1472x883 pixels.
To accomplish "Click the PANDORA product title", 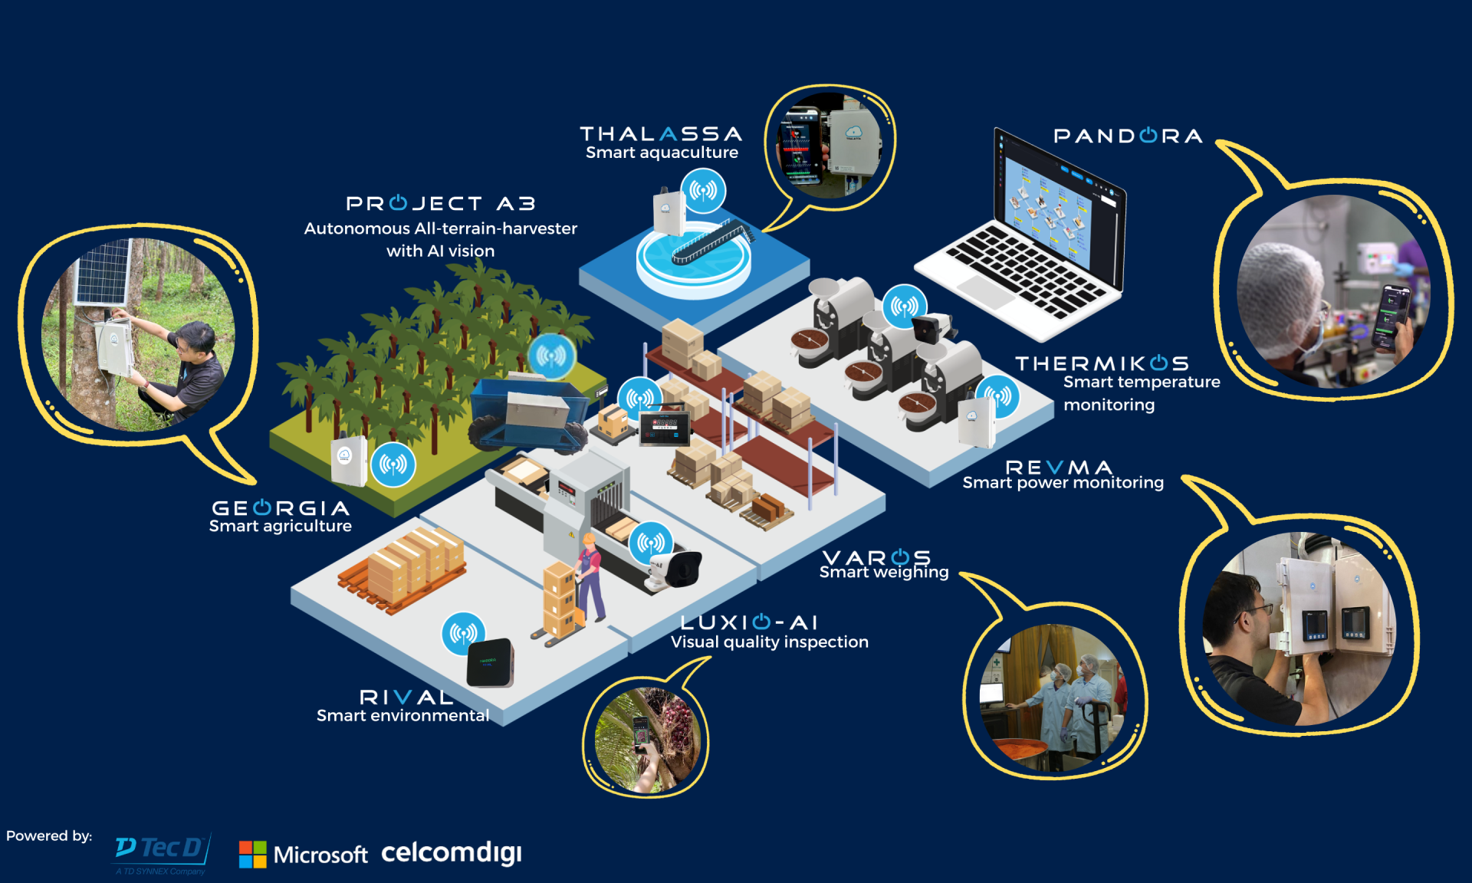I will click(x=1127, y=136).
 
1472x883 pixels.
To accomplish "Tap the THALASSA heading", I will click(x=661, y=134).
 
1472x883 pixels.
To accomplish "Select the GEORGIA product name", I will click(x=281, y=508).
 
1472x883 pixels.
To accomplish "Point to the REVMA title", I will click(x=1058, y=467).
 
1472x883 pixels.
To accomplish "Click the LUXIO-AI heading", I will click(x=749, y=622).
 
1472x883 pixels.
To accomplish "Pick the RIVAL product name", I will click(x=406, y=697).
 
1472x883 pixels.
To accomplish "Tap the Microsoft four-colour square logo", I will click(x=252, y=854).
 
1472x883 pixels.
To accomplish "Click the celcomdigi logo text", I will click(x=452, y=852).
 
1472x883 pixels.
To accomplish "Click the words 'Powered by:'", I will click(x=49, y=835).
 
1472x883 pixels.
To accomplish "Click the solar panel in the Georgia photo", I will click(x=103, y=272).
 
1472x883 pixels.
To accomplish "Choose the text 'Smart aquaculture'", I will click(x=662, y=153).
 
